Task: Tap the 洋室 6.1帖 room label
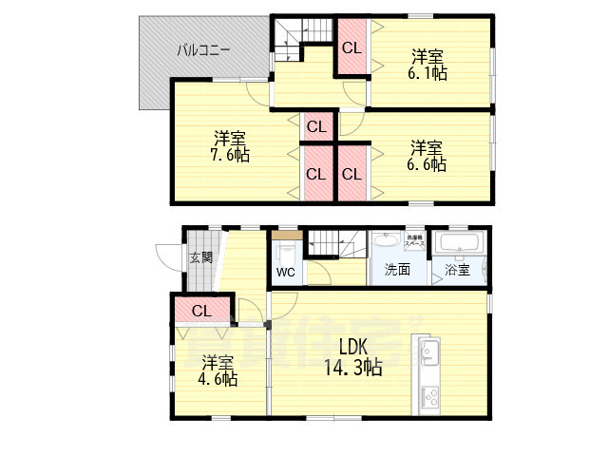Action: click(x=428, y=64)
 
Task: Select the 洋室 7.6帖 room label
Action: click(x=230, y=146)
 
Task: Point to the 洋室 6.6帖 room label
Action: click(x=427, y=155)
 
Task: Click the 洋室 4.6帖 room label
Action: click(x=218, y=370)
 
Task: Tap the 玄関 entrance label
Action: click(x=199, y=257)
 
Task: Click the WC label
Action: click(x=285, y=273)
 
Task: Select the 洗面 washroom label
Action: click(x=397, y=270)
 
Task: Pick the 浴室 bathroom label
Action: click(x=457, y=270)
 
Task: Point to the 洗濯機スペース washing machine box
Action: click(x=414, y=241)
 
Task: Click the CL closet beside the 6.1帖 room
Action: click(x=351, y=47)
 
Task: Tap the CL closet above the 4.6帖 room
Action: click(x=200, y=311)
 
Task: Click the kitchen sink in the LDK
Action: click(x=426, y=353)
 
